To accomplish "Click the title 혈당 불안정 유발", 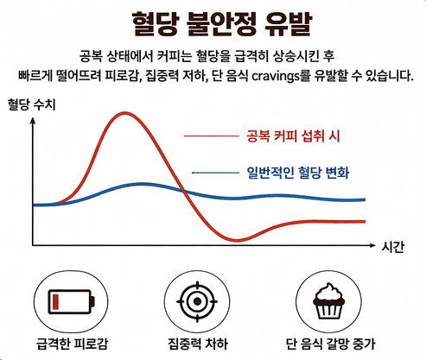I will click(x=213, y=20).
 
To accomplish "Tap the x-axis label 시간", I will click(x=393, y=247).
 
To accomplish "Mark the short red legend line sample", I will click(x=211, y=136).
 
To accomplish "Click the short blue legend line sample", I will click(x=216, y=173).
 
